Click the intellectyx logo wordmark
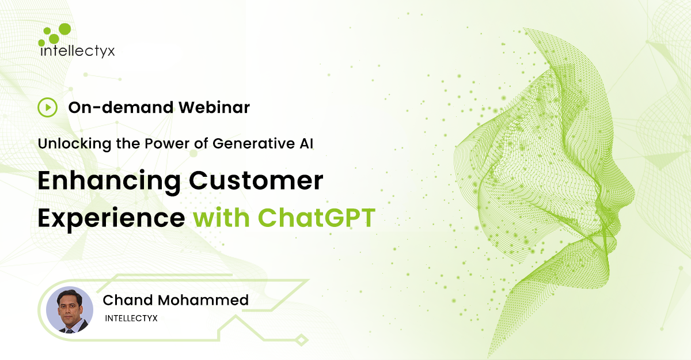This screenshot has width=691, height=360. click(77, 51)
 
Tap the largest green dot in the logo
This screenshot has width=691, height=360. click(64, 29)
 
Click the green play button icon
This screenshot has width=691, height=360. click(47, 107)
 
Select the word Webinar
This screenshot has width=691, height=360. click(214, 107)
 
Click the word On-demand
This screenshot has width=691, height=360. click(121, 107)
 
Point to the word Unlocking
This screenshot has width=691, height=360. click(74, 144)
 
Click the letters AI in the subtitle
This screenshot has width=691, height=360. click(306, 144)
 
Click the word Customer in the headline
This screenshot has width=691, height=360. click(256, 180)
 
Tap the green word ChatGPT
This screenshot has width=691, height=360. click(317, 218)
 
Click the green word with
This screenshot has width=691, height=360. click(221, 218)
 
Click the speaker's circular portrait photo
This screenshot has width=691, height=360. click(70, 310)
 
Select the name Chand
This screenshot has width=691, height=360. click(128, 300)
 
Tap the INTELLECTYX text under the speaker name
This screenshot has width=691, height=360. click(131, 319)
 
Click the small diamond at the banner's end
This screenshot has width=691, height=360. click(301, 340)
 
